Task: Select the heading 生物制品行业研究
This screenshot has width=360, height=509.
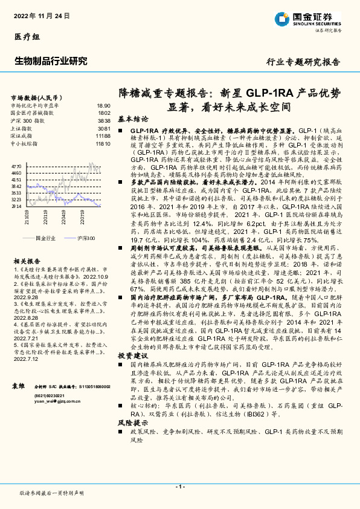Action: pyautogui.click(x=51, y=61)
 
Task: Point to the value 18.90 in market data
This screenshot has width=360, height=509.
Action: pyautogui.click(x=103, y=105)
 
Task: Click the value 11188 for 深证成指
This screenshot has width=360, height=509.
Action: pyautogui.click(x=103, y=137)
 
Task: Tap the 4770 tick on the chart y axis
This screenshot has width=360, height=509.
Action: pyautogui.click(x=16, y=165)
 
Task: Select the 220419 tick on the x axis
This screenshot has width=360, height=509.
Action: pyautogui.click(x=46, y=215)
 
